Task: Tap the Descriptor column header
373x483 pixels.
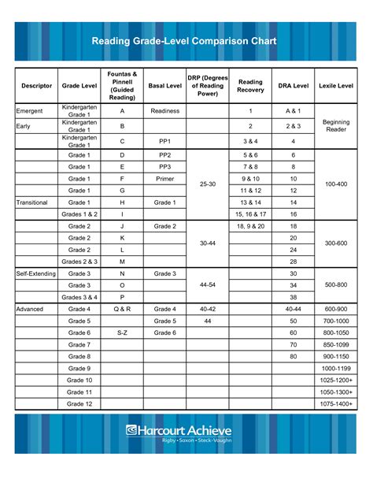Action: (37, 85)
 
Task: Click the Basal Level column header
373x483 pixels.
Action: (165, 85)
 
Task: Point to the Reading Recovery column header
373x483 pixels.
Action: (250, 85)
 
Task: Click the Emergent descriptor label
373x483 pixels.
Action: (30, 111)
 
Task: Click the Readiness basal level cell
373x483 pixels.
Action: (165, 111)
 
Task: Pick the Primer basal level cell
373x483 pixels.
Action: (165, 178)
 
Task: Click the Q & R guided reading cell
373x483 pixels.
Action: (122, 309)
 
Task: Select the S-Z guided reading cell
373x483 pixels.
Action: (122, 333)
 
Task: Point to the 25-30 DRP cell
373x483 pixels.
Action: (208, 184)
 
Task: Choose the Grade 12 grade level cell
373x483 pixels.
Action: (79, 404)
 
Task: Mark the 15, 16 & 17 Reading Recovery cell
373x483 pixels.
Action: (250, 214)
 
